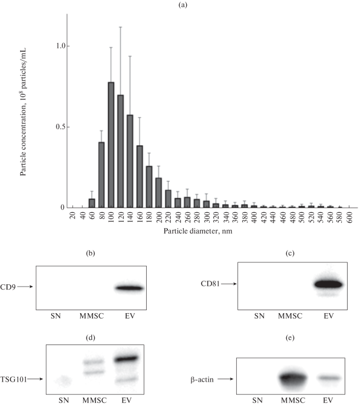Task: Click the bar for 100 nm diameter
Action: coord(111,145)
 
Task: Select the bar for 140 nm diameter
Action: coord(130,161)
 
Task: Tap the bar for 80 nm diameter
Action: coord(101,175)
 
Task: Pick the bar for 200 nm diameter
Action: coord(158,193)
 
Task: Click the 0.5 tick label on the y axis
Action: coord(61,127)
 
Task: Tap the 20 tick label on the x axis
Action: coord(73,216)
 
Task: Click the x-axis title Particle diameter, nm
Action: coord(198,231)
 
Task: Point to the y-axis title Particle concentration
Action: coord(23,112)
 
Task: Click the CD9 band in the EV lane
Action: coord(129,288)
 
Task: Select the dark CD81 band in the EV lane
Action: coord(329,284)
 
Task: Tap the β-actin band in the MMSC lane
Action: coord(293,379)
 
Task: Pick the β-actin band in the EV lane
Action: coord(329,378)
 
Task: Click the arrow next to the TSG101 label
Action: coord(35,379)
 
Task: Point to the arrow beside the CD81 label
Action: coord(229,284)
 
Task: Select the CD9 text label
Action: coord(8,287)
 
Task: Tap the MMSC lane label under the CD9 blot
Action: coord(91,316)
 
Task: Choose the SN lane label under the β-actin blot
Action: coord(257,400)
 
